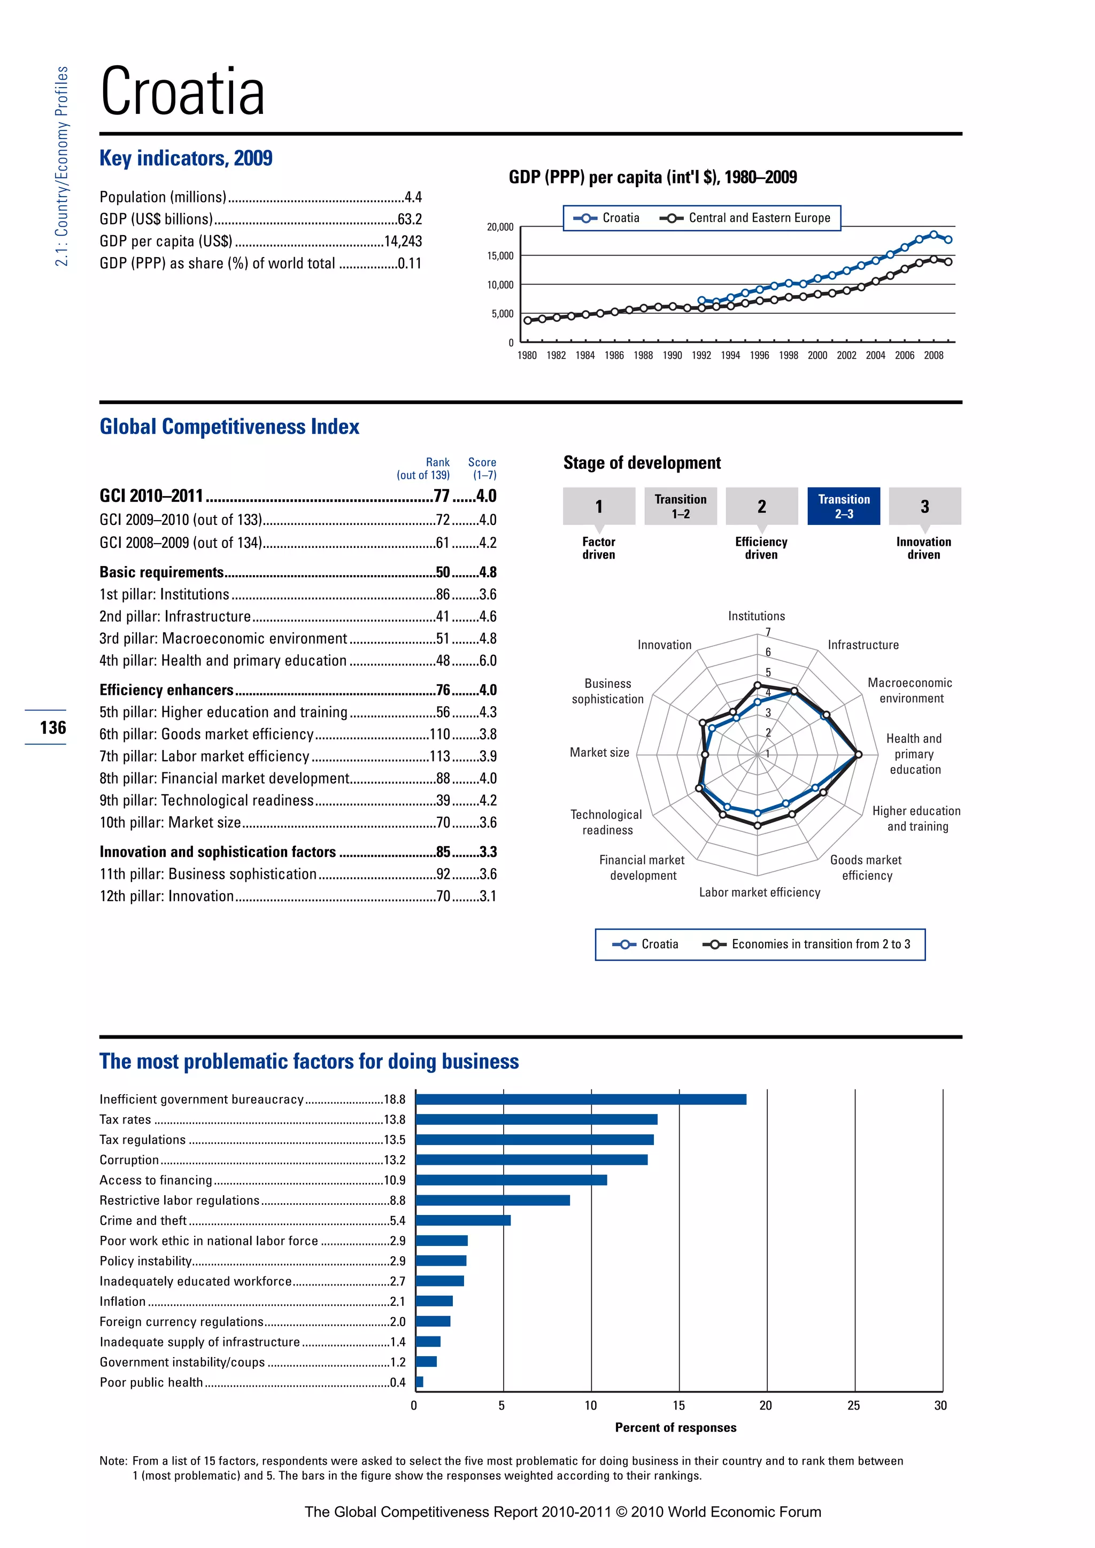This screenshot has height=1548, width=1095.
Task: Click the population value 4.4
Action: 413,197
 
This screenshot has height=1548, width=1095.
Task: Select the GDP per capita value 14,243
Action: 403,242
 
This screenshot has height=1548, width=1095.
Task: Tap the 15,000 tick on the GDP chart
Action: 500,256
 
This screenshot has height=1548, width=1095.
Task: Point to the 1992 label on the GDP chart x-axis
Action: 701,355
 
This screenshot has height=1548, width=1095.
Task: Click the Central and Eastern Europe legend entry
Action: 746,218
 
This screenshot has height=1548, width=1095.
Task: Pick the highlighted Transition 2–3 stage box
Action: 844,506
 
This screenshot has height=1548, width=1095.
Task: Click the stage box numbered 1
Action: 599,506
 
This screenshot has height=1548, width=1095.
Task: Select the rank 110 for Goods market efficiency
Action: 439,734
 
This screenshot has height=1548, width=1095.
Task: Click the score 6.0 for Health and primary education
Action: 488,661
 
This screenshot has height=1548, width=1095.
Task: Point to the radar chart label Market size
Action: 599,753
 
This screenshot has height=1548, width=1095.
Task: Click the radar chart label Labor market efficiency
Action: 759,892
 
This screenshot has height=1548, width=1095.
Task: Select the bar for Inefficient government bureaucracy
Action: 581,1100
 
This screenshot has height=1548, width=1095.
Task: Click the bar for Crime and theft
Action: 463,1220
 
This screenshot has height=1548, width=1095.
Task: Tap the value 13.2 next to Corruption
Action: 395,1159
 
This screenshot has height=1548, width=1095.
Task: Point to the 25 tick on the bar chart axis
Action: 854,1406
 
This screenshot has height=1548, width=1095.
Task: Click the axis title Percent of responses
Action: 676,1427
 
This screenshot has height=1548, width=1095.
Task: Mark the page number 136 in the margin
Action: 52,727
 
